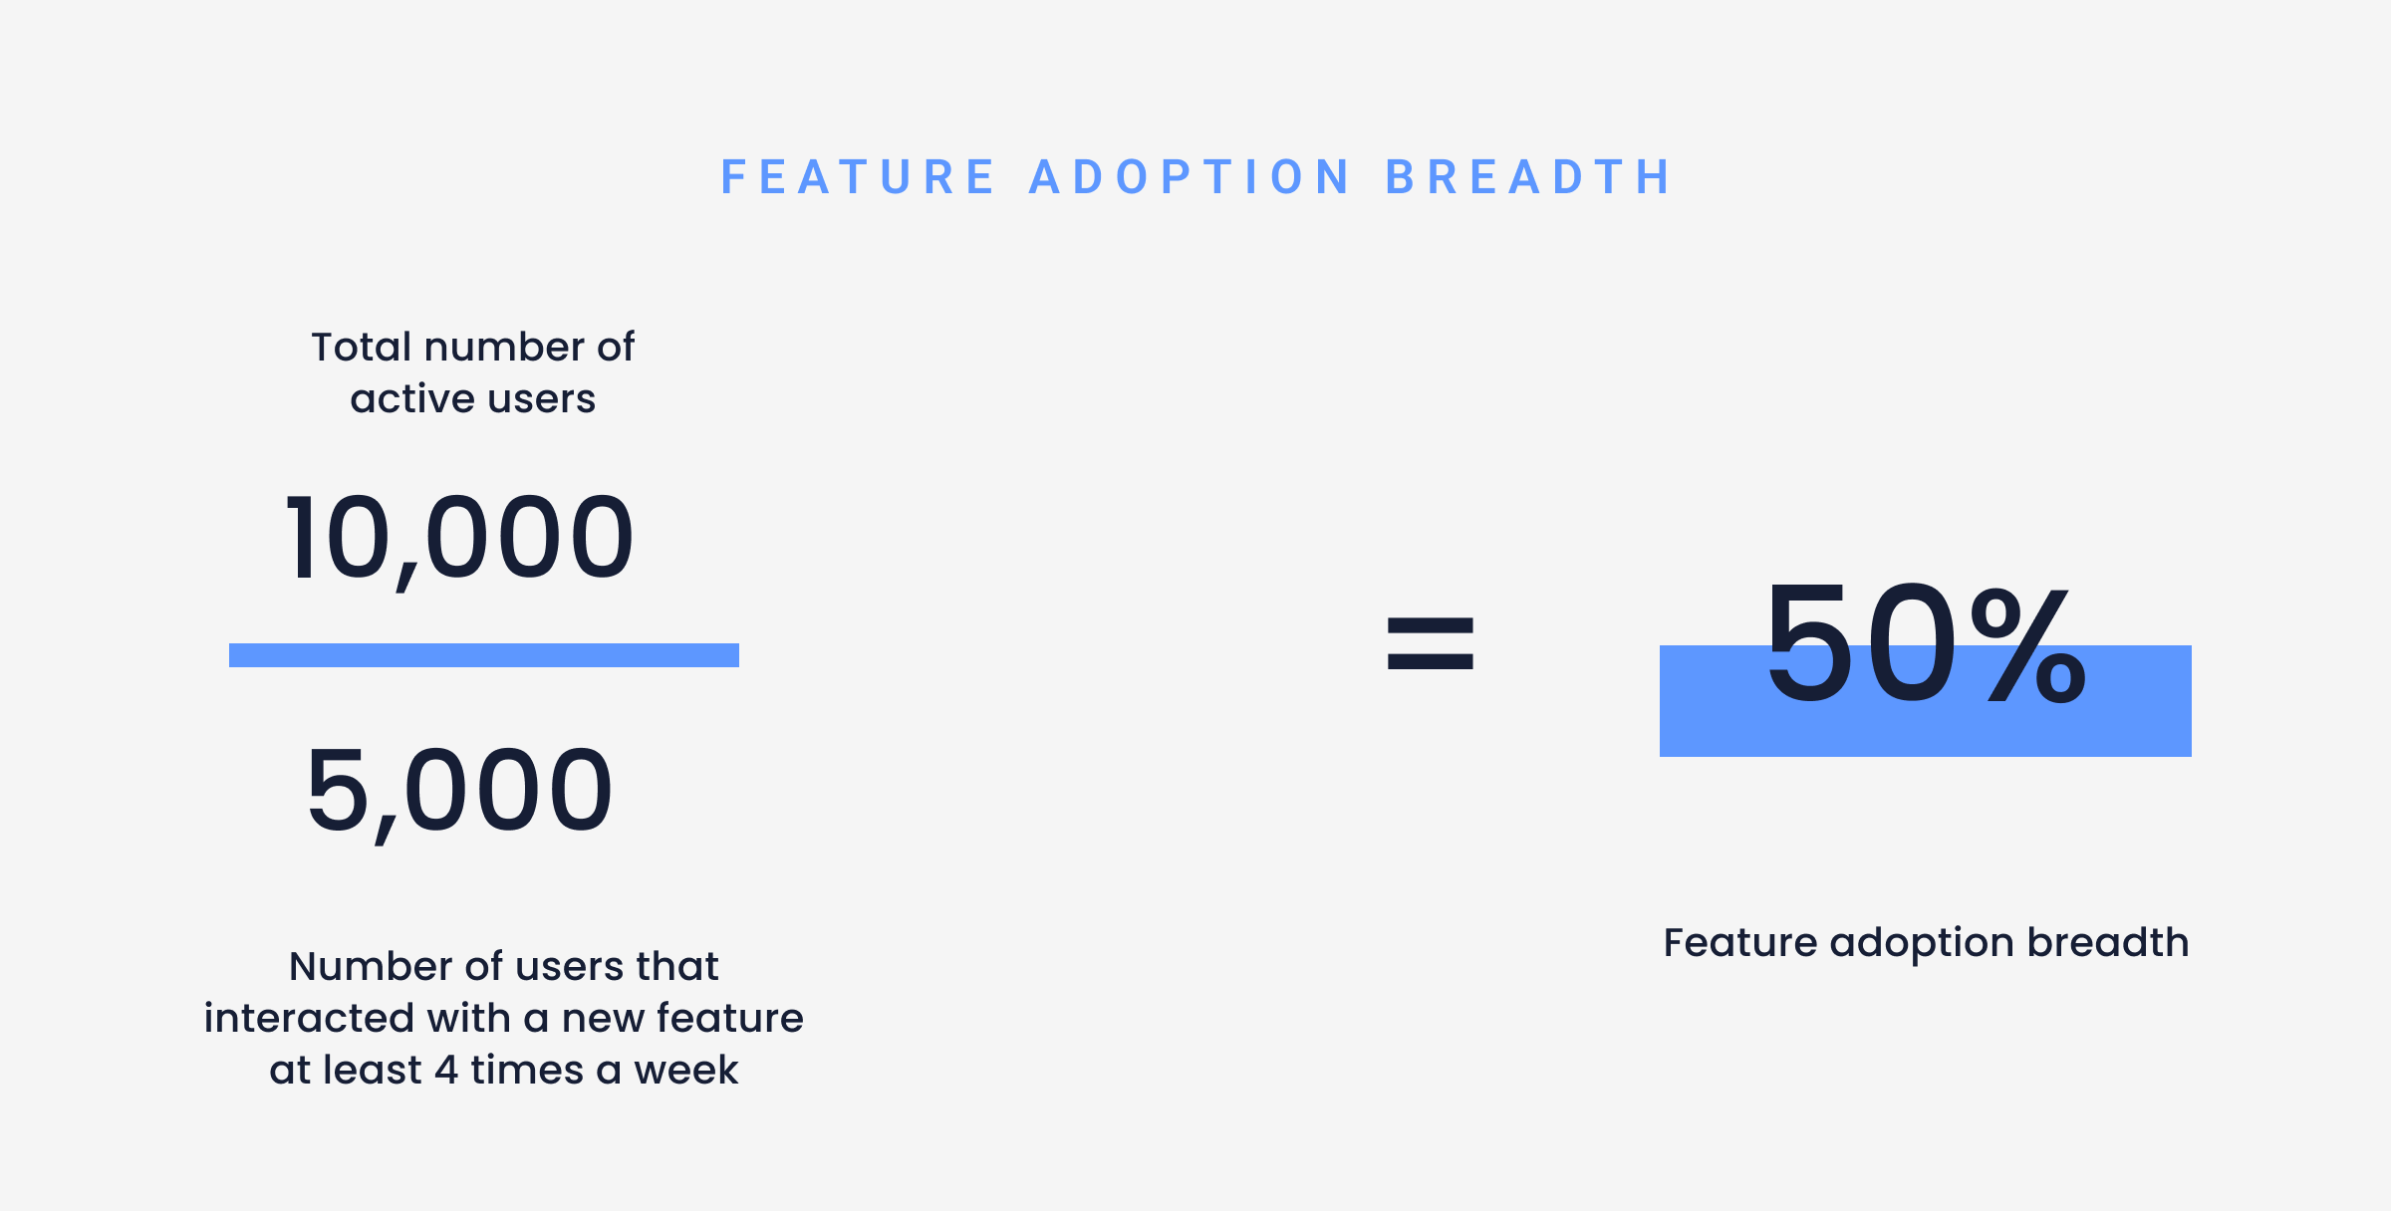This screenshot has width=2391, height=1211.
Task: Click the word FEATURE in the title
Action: point(858,178)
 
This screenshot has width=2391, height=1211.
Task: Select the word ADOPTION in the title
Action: point(1191,178)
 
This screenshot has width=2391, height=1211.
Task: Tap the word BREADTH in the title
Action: point(1529,178)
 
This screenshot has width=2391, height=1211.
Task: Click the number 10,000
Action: point(459,539)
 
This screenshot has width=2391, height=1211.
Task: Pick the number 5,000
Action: point(459,791)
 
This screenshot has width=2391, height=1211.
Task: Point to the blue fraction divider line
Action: point(484,655)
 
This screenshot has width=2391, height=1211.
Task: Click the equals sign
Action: point(1430,643)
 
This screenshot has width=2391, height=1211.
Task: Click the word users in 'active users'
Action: point(542,399)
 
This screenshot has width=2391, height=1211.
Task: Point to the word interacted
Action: point(309,1019)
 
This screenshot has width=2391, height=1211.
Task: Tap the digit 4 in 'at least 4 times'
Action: point(446,1071)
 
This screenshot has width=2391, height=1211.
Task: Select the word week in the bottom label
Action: point(686,1071)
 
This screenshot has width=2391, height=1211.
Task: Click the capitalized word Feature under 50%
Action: point(1739,942)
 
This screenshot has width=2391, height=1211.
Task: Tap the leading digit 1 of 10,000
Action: point(302,539)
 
